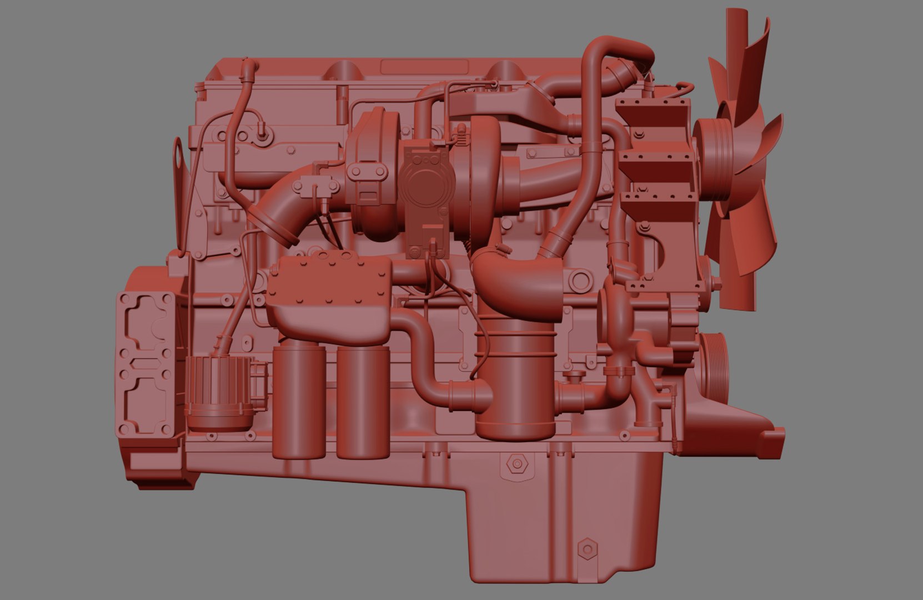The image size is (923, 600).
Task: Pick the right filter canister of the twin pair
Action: [363, 403]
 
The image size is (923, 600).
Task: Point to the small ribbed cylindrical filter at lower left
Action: [219, 392]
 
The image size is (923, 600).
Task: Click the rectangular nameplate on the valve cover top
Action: [424, 67]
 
